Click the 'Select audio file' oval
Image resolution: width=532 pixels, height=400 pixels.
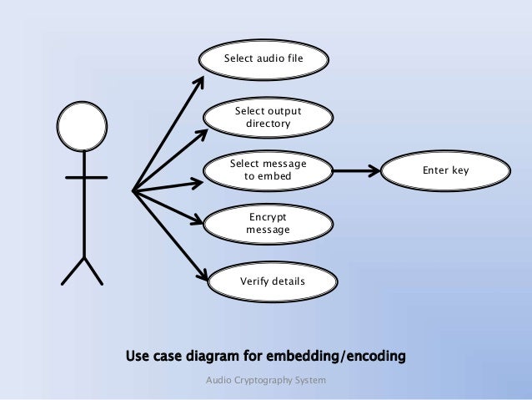coord(263,59)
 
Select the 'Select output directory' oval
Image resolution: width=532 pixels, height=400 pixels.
coord(268,118)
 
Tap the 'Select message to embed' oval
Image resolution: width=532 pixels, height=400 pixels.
coord(268,170)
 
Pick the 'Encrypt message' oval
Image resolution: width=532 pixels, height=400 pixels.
coord(268,223)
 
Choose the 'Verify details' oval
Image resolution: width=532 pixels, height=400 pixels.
coord(272,281)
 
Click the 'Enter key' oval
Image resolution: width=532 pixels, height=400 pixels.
coord(445,170)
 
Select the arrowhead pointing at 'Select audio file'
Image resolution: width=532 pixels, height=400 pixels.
coord(200,82)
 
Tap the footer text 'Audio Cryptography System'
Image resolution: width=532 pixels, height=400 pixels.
coord(266,381)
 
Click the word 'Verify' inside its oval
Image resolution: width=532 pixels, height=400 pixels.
coord(254,281)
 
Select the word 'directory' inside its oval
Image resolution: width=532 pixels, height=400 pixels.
coord(268,124)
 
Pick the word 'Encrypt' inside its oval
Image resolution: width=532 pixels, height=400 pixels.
coord(268,216)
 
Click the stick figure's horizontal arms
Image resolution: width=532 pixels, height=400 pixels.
coord(86,178)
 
